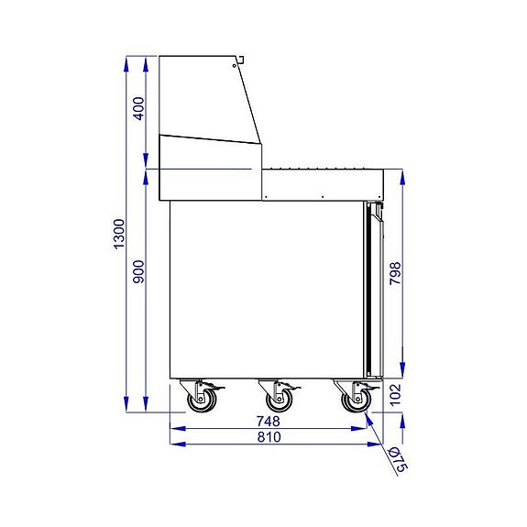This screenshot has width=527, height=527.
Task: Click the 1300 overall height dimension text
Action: (118, 236)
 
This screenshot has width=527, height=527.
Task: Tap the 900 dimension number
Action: (139, 273)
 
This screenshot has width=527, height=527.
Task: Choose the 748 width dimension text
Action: (269, 423)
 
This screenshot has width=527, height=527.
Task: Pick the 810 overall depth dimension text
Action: (269, 438)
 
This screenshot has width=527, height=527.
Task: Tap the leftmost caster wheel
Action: (198, 401)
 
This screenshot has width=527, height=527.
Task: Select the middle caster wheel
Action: (276, 401)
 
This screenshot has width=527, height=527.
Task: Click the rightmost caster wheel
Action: (354, 401)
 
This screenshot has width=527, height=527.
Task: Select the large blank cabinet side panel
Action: (266, 289)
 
